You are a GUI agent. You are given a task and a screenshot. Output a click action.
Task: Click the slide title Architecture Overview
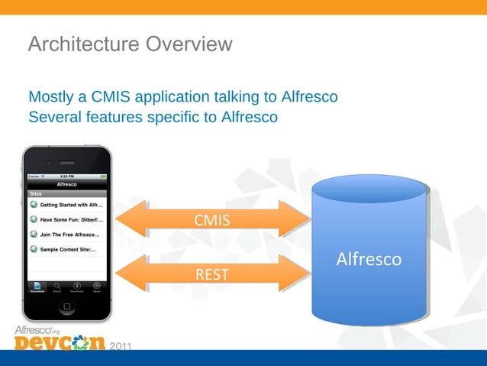(130, 44)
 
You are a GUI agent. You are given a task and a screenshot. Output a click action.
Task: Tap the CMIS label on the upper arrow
(211, 221)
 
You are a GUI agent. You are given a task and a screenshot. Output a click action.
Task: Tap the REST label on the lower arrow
(211, 274)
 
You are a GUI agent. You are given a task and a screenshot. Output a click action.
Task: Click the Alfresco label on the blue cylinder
(369, 260)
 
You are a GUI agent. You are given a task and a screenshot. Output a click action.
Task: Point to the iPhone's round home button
(67, 306)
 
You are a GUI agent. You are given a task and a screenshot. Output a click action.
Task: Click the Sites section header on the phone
(36, 194)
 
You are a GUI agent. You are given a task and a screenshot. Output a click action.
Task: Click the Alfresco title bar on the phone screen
(67, 184)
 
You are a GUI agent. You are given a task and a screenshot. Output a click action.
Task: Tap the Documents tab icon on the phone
(37, 287)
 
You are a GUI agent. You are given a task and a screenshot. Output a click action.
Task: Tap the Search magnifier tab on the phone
(57, 287)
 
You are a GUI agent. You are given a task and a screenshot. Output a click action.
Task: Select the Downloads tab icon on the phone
(77, 287)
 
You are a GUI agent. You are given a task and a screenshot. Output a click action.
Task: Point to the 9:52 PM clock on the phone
(67, 176)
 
